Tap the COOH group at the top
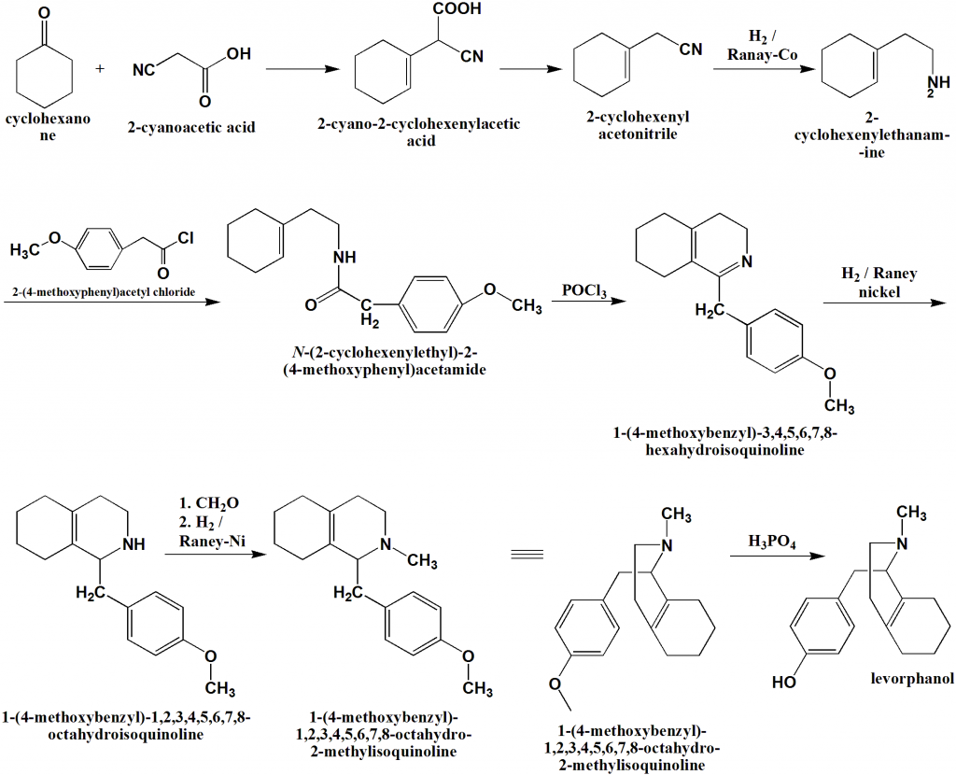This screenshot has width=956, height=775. point(457,10)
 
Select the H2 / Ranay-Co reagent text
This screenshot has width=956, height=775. point(758,48)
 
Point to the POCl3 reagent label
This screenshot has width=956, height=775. point(584,292)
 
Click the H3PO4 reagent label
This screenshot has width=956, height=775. point(771,541)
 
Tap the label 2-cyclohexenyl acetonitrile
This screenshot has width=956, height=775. point(635,126)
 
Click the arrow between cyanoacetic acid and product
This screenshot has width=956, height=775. point(302,70)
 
